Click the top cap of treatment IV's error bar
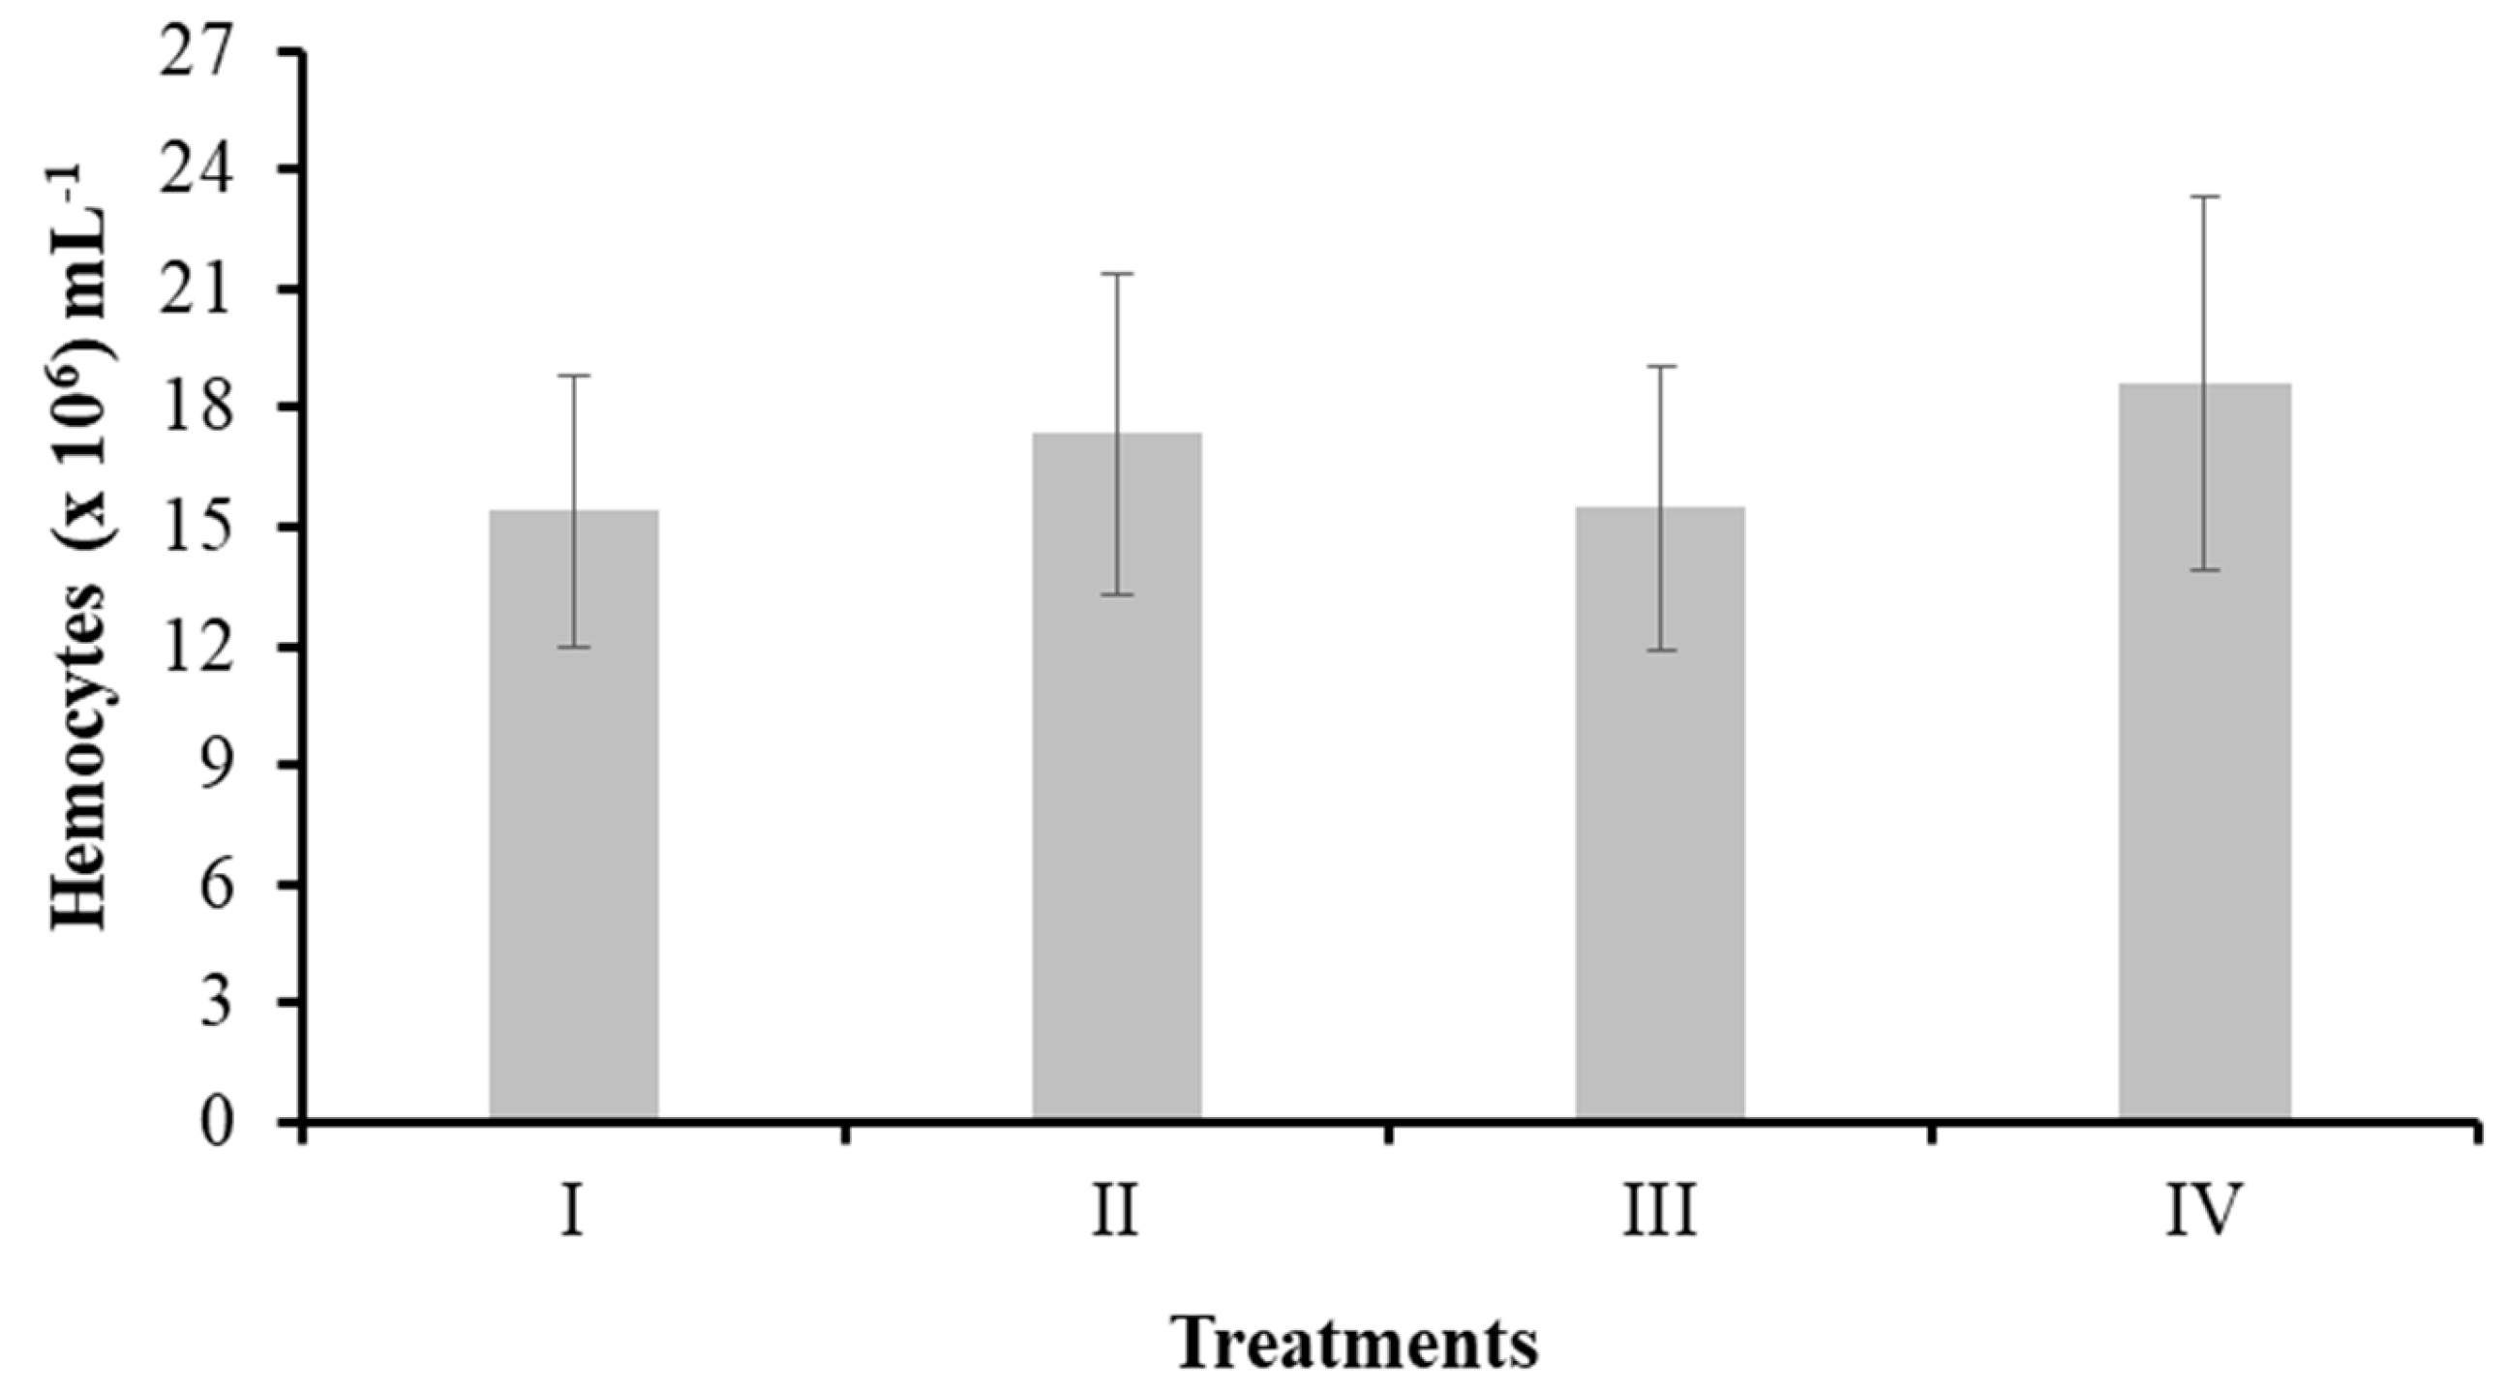tap(2204, 197)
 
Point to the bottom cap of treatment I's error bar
tap(574, 647)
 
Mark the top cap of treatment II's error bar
tap(1117, 274)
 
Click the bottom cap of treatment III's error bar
tap(1660, 650)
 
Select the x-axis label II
tap(1115, 1210)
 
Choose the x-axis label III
tap(1659, 1210)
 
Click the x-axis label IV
tap(2203, 1210)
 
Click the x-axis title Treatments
tap(1359, 1343)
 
